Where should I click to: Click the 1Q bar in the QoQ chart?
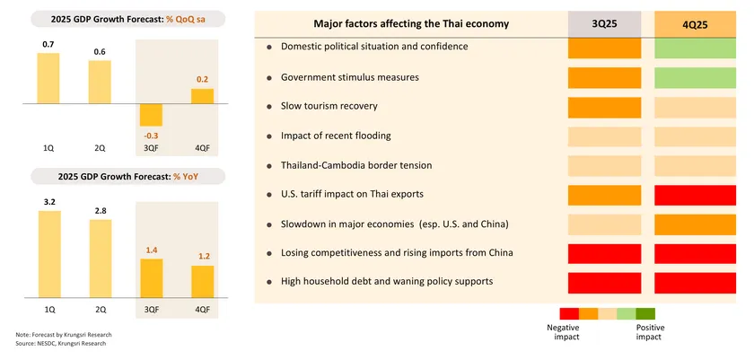pyautogui.click(x=48, y=78)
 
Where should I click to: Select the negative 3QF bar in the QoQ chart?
pyautogui.click(x=151, y=114)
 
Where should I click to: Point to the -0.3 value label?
pyautogui.click(x=151, y=135)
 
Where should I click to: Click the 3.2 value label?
pyautogui.click(x=48, y=202)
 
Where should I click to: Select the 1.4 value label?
pyautogui.click(x=152, y=250)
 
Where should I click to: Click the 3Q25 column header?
pyautogui.click(x=604, y=24)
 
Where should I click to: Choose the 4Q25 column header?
pyautogui.click(x=693, y=24)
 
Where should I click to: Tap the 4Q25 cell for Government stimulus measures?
pyautogui.click(x=693, y=77)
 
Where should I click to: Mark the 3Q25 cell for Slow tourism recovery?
pyautogui.click(x=604, y=106)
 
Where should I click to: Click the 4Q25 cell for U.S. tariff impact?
pyautogui.click(x=693, y=194)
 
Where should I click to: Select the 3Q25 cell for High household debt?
pyautogui.click(x=604, y=281)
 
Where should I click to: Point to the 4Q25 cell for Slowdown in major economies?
pyautogui.click(x=693, y=224)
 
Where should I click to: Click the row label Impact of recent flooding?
pyautogui.click(x=336, y=136)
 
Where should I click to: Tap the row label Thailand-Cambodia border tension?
pyautogui.click(x=356, y=165)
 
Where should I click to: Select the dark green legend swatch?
pyautogui.click(x=645, y=313)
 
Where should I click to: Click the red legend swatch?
pyautogui.click(x=569, y=313)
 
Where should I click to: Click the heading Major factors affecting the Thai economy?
pyautogui.click(x=412, y=23)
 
